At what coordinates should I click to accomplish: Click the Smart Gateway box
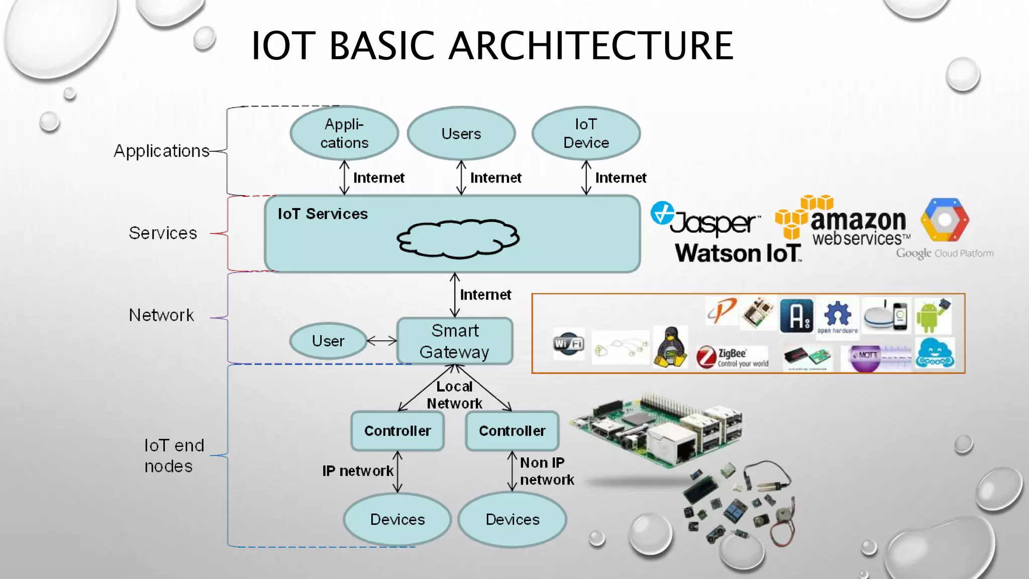tap(455, 341)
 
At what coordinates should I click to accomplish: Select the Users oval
tap(461, 133)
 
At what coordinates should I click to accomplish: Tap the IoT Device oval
tap(586, 133)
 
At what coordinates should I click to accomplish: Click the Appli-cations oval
tap(344, 133)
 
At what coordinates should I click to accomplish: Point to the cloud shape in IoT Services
tap(458, 239)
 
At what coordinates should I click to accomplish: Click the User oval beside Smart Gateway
tap(328, 341)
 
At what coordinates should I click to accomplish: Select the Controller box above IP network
tap(397, 431)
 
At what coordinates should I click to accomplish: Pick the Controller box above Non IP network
tap(512, 431)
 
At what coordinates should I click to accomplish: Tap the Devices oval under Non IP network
tap(512, 519)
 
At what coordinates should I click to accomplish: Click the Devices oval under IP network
tap(397, 519)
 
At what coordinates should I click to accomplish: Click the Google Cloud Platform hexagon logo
tap(945, 220)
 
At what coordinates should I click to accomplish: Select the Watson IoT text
tap(738, 253)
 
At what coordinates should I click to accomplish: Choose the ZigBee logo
tap(732, 357)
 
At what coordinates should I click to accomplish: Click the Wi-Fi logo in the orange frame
tap(568, 343)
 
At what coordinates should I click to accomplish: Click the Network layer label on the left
tap(161, 315)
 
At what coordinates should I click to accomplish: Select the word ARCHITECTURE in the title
tap(591, 46)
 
